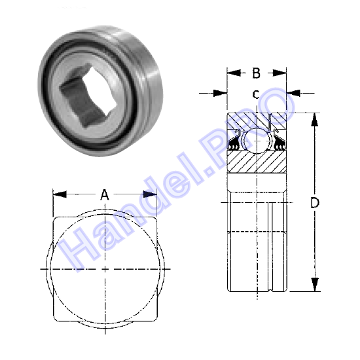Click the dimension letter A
(105, 194)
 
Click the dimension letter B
(256, 73)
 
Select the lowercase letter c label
(256, 94)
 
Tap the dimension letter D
(315, 203)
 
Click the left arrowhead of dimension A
(60, 194)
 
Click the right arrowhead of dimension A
(150, 194)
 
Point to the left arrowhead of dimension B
(234, 73)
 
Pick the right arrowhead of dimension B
(279, 73)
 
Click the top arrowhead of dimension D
(315, 120)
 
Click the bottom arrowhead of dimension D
(315, 285)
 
